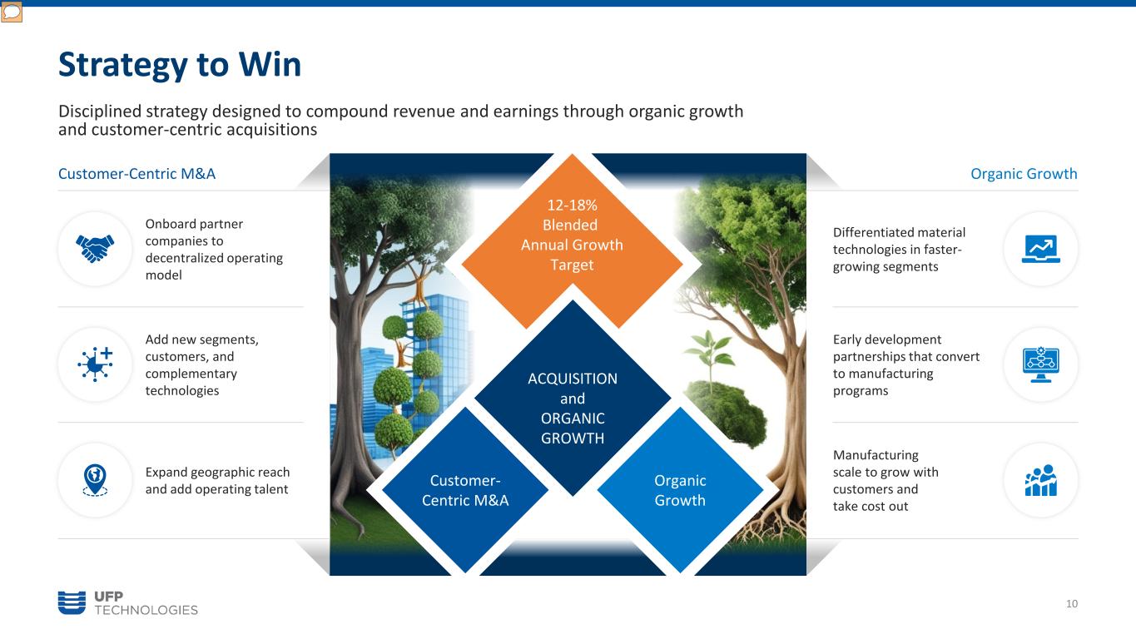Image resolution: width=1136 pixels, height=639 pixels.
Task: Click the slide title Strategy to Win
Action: (180, 64)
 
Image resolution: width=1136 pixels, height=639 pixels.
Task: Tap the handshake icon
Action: (95, 249)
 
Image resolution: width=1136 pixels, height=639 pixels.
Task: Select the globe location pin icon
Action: (95, 479)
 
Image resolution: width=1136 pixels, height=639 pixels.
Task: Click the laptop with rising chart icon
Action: (1040, 249)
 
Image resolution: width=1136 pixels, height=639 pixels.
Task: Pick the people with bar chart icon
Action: (1040, 480)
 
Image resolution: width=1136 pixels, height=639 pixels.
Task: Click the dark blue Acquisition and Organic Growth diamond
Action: (573, 398)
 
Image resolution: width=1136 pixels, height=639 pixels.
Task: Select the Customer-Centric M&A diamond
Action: (465, 490)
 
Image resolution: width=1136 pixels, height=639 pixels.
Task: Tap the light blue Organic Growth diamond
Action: (680, 490)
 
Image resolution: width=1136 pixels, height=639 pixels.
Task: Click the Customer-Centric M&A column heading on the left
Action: (137, 173)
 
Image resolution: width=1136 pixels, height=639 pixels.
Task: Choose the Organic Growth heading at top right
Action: (1024, 173)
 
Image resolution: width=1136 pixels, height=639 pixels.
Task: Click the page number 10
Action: (1072, 603)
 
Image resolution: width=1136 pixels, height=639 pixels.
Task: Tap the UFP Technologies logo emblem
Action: (72, 603)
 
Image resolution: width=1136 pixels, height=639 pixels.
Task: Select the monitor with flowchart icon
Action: (1040, 364)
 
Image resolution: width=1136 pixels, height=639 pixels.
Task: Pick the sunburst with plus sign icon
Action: (96, 364)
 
